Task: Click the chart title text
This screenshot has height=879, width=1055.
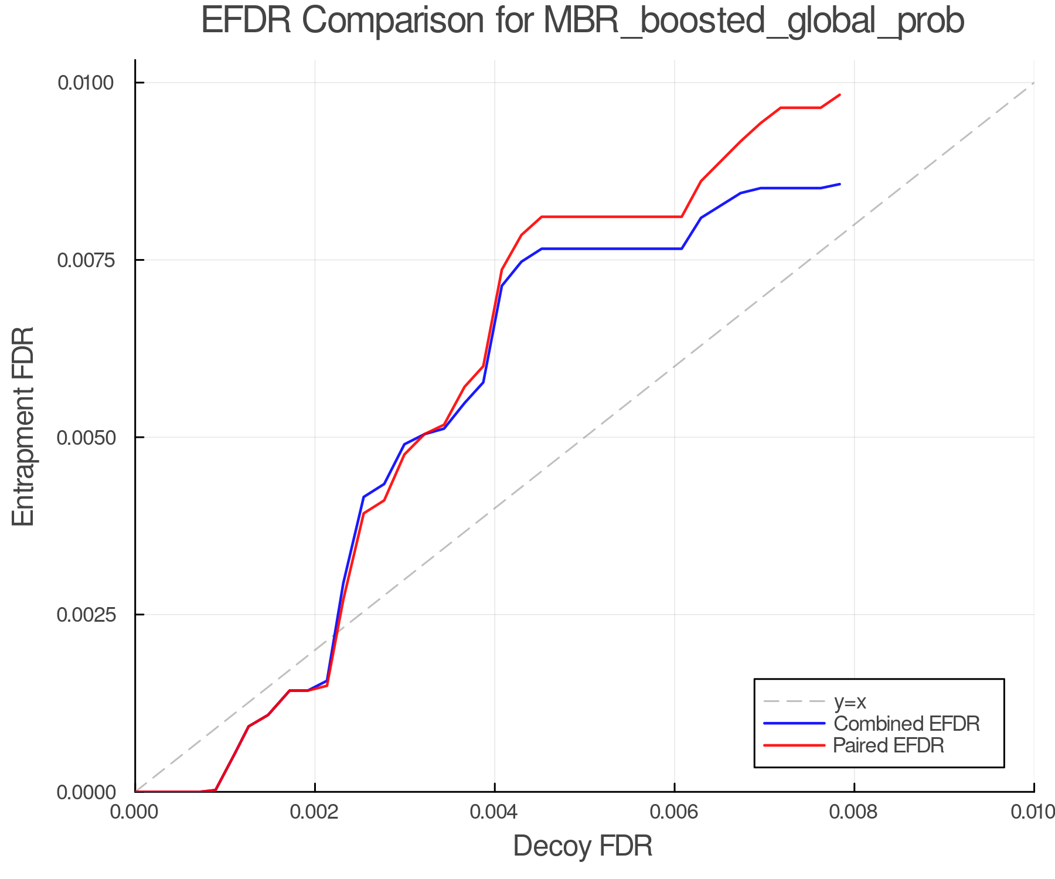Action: pyautogui.click(x=583, y=21)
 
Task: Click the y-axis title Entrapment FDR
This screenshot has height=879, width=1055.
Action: pyautogui.click(x=23, y=426)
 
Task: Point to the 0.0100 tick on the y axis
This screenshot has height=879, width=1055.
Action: pyautogui.click(x=85, y=83)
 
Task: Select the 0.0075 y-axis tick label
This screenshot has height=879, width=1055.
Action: pyautogui.click(x=85, y=260)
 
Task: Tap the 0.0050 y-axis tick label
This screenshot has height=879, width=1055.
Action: pyautogui.click(x=85, y=438)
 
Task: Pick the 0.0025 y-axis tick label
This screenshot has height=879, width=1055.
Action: pyautogui.click(x=85, y=615)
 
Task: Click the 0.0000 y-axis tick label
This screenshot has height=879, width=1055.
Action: pyautogui.click(x=85, y=792)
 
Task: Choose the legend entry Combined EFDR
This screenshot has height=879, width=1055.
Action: pyautogui.click(x=906, y=724)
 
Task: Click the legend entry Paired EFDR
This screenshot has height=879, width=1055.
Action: pyautogui.click(x=888, y=745)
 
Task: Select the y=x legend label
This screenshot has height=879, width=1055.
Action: pyautogui.click(x=849, y=701)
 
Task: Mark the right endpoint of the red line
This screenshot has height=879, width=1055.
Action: pyautogui.click(x=840, y=94)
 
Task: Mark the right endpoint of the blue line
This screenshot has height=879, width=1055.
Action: pyautogui.click(x=840, y=184)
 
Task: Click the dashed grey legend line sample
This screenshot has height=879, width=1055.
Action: pyautogui.click(x=794, y=701)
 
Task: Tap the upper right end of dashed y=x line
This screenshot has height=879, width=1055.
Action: pyautogui.click(x=1033, y=83)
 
